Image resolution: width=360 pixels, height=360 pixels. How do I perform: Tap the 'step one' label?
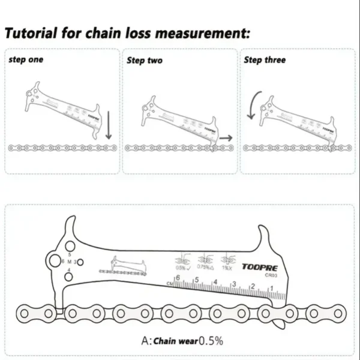pyautogui.click(x=26, y=60)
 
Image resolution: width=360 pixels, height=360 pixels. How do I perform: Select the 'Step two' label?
pyautogui.click(x=144, y=61)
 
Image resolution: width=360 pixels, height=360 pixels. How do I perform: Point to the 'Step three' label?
pyautogui.click(x=265, y=60)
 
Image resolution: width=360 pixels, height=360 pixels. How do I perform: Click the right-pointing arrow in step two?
pyautogui.click(x=226, y=137)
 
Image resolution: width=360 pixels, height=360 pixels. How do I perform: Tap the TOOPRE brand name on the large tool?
pyautogui.click(x=260, y=268)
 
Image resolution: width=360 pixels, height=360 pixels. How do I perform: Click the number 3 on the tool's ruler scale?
pyautogui.click(x=234, y=284)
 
